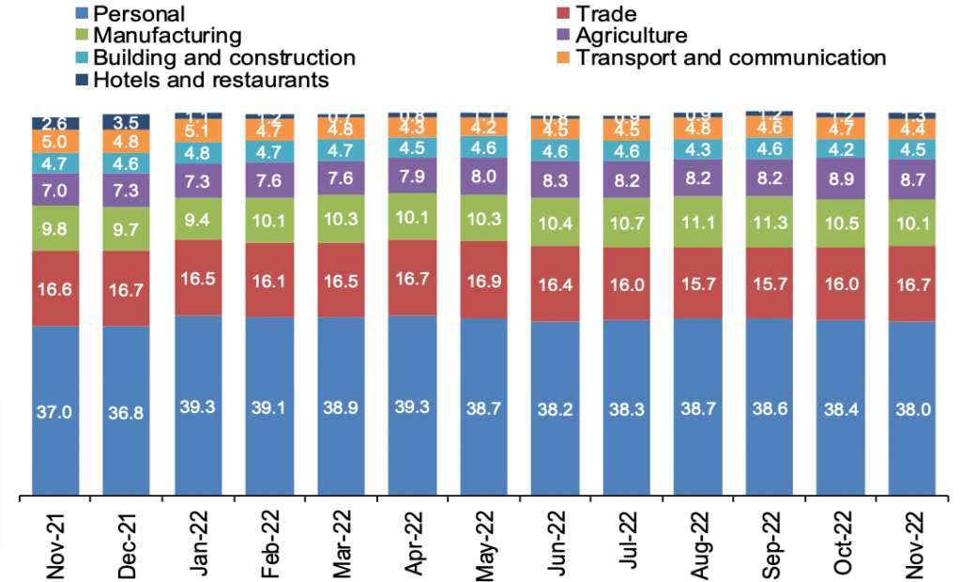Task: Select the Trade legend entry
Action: [606, 13]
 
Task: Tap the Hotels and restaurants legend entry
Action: [211, 80]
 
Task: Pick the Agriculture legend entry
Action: [632, 36]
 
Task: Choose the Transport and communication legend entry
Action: [731, 57]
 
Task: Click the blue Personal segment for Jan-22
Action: [199, 405]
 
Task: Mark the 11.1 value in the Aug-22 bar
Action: [699, 222]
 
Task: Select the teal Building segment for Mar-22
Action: [342, 151]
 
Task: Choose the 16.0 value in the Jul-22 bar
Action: [628, 283]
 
